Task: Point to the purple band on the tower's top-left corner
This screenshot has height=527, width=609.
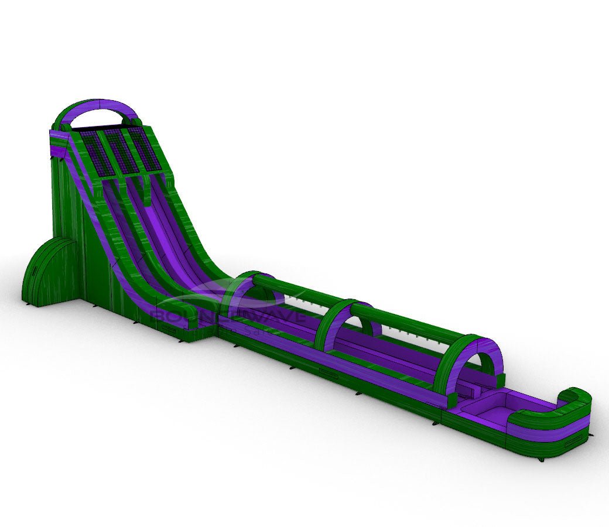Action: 58,152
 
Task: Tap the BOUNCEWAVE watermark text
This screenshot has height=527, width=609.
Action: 228,317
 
